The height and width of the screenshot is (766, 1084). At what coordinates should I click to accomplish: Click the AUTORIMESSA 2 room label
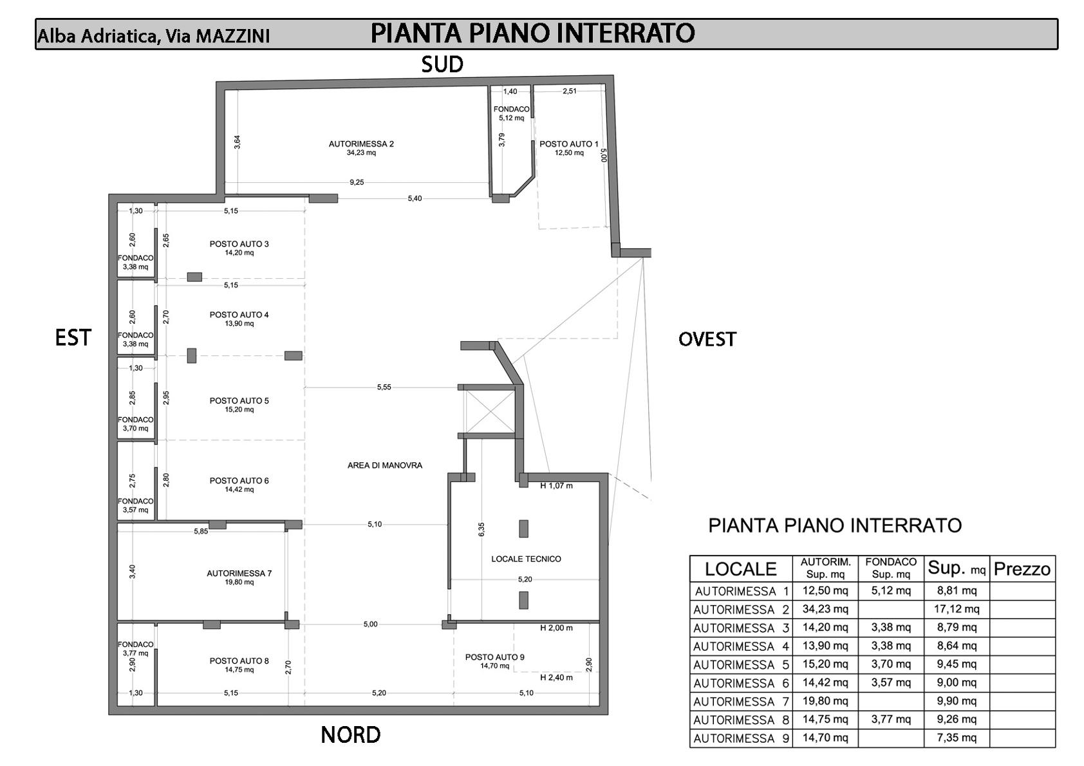[360, 144]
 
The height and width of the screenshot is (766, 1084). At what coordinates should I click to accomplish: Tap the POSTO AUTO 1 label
[568, 144]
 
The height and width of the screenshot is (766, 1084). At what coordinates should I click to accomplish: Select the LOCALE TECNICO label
[526, 559]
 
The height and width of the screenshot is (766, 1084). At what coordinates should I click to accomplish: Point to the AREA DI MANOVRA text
[384, 465]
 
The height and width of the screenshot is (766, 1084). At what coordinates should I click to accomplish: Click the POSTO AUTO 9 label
[494, 657]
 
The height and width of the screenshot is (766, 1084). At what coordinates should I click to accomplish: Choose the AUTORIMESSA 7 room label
[239, 573]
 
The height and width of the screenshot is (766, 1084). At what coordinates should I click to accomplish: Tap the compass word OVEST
[707, 339]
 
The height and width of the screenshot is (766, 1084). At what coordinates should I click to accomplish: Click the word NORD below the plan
[350, 734]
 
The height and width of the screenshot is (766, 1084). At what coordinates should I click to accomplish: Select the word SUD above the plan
[442, 64]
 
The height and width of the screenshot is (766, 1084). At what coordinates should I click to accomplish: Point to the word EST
[73, 338]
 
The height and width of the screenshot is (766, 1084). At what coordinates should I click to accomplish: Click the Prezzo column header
[1022, 569]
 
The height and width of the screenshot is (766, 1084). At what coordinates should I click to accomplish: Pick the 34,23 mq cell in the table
[825, 609]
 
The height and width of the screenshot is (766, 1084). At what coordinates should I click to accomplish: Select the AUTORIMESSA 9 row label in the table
[741, 738]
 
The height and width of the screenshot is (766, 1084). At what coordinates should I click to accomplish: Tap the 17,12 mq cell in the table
[957, 609]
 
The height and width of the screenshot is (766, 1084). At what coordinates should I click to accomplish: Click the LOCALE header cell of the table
[740, 569]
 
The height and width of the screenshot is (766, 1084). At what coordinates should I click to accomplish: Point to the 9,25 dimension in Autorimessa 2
[357, 182]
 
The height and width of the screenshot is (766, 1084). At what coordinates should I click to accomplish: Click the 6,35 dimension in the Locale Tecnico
[481, 529]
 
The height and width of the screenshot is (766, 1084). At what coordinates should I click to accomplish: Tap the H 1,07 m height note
[556, 485]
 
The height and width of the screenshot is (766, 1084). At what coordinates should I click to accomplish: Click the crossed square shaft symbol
[489, 411]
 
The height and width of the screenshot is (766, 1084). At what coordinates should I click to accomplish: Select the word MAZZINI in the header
[232, 36]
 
